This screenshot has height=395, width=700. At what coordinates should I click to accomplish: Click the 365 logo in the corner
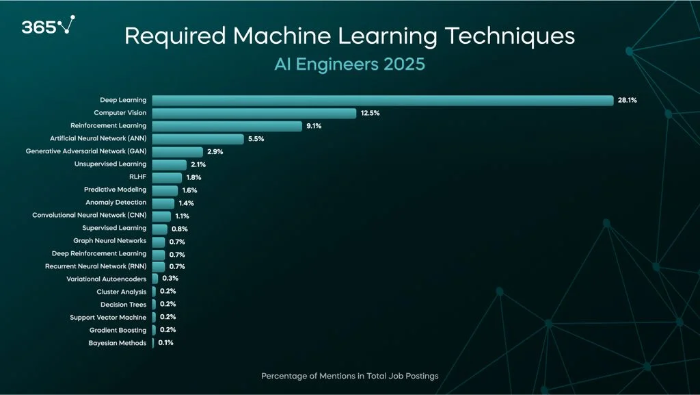click(47, 27)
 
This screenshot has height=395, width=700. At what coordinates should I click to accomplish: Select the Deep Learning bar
click(382, 100)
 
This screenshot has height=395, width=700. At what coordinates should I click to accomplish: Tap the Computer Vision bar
click(254, 113)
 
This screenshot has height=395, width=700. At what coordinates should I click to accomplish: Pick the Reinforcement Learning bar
click(226, 126)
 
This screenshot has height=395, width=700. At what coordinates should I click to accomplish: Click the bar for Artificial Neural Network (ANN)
click(198, 139)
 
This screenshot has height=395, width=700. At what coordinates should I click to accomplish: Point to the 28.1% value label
click(627, 100)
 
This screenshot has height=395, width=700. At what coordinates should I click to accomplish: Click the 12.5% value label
click(370, 113)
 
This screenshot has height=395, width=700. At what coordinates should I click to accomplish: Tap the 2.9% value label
click(216, 151)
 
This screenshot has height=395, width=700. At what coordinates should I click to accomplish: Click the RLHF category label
click(137, 177)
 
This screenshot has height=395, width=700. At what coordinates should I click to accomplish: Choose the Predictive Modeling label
click(115, 190)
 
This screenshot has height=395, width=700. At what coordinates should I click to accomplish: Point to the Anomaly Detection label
click(116, 203)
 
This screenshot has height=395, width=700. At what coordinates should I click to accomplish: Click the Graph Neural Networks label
click(109, 241)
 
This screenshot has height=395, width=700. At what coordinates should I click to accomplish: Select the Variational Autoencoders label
click(106, 279)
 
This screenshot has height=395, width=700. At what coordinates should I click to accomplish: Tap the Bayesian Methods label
click(117, 343)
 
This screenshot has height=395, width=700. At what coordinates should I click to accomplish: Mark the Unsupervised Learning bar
click(169, 164)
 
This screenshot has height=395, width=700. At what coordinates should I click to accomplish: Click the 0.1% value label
click(165, 343)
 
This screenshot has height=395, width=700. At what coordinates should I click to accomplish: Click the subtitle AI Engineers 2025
click(349, 64)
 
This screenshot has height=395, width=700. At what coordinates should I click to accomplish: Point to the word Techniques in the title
click(508, 36)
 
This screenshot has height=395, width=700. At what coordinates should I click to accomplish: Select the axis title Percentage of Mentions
click(349, 376)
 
